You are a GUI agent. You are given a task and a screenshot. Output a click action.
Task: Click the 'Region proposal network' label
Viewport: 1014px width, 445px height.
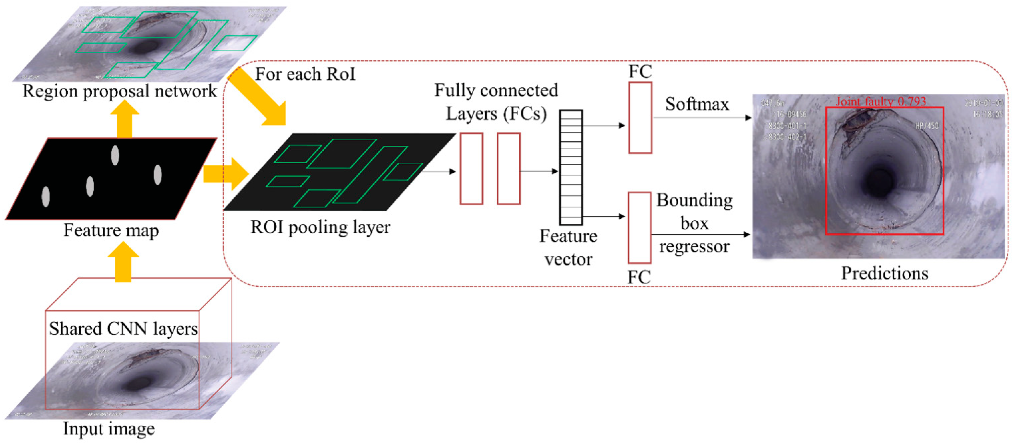click(119, 91)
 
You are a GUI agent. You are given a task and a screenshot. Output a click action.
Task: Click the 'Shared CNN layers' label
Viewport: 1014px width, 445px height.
click(123, 328)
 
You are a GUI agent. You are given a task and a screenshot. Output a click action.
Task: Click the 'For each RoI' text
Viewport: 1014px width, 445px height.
click(305, 74)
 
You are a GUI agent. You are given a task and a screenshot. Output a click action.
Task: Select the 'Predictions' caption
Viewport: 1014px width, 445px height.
click(884, 273)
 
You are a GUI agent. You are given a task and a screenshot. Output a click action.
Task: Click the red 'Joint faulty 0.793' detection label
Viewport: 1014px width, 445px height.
click(880, 101)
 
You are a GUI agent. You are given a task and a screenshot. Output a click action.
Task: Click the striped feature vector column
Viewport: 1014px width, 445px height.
click(571, 168)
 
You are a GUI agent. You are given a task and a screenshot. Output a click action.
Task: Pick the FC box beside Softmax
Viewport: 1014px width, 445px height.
click(640, 118)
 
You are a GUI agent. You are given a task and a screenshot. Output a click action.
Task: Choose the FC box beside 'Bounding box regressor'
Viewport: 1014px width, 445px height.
click(639, 228)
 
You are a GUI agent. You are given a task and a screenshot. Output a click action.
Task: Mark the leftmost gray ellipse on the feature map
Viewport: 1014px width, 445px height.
click(46, 196)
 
